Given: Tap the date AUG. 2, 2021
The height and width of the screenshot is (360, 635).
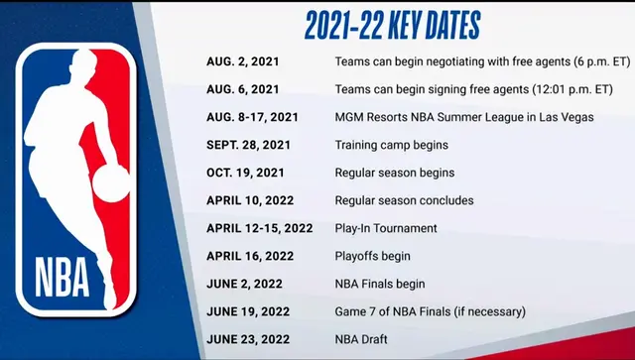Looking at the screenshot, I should click(244, 61).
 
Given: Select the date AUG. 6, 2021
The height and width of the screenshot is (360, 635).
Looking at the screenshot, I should click(244, 89).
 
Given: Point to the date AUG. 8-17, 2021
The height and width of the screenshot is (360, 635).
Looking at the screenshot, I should click(253, 117).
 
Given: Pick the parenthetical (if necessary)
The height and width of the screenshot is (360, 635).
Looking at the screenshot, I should click(484, 311).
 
